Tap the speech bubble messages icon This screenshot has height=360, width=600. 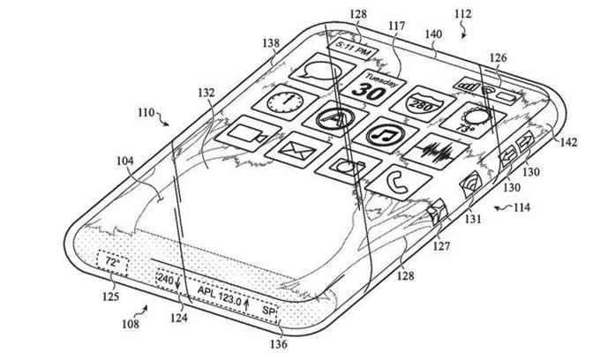click(x=318, y=71)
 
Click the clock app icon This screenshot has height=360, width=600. click(x=285, y=101)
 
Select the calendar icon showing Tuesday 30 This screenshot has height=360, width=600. click(x=373, y=87)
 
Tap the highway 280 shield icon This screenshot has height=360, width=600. click(x=423, y=104)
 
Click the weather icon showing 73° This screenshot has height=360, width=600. click(x=472, y=121)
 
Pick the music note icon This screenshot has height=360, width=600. click(x=386, y=135)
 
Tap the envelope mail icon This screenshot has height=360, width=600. click(x=297, y=150)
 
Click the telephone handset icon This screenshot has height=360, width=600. click(x=398, y=184)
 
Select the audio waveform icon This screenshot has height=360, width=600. click(x=436, y=151)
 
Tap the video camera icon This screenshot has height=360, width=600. click(x=248, y=134)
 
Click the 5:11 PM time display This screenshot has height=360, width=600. click(x=352, y=49)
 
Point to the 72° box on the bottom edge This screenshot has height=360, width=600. click(x=112, y=263)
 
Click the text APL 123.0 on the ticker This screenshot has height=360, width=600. click(x=219, y=295)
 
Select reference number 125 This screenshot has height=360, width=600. click(x=110, y=296)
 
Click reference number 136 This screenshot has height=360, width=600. click(x=279, y=344)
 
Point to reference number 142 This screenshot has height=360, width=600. click(x=568, y=142)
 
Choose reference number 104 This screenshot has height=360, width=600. click(x=125, y=161)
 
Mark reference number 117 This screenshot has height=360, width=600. click(x=396, y=26)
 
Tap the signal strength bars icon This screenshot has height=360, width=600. click(x=468, y=85)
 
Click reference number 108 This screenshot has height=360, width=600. click(x=131, y=324)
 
